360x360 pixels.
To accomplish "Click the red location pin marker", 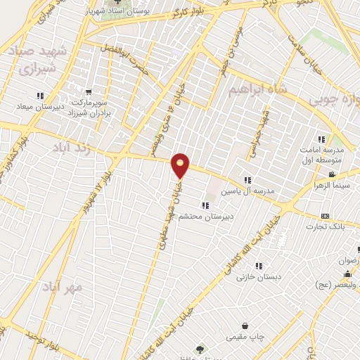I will (x=181, y=165).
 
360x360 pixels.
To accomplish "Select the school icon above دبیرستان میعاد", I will (x=40, y=96).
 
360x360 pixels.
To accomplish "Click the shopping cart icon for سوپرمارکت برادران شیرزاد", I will (x=89, y=91).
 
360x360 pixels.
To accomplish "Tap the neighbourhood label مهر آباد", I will (x=63, y=286).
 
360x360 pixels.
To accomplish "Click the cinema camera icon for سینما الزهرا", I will (x=332, y=174).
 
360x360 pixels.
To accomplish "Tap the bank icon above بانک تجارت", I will (x=324, y=216).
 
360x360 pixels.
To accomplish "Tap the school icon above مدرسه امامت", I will (x=322, y=139).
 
